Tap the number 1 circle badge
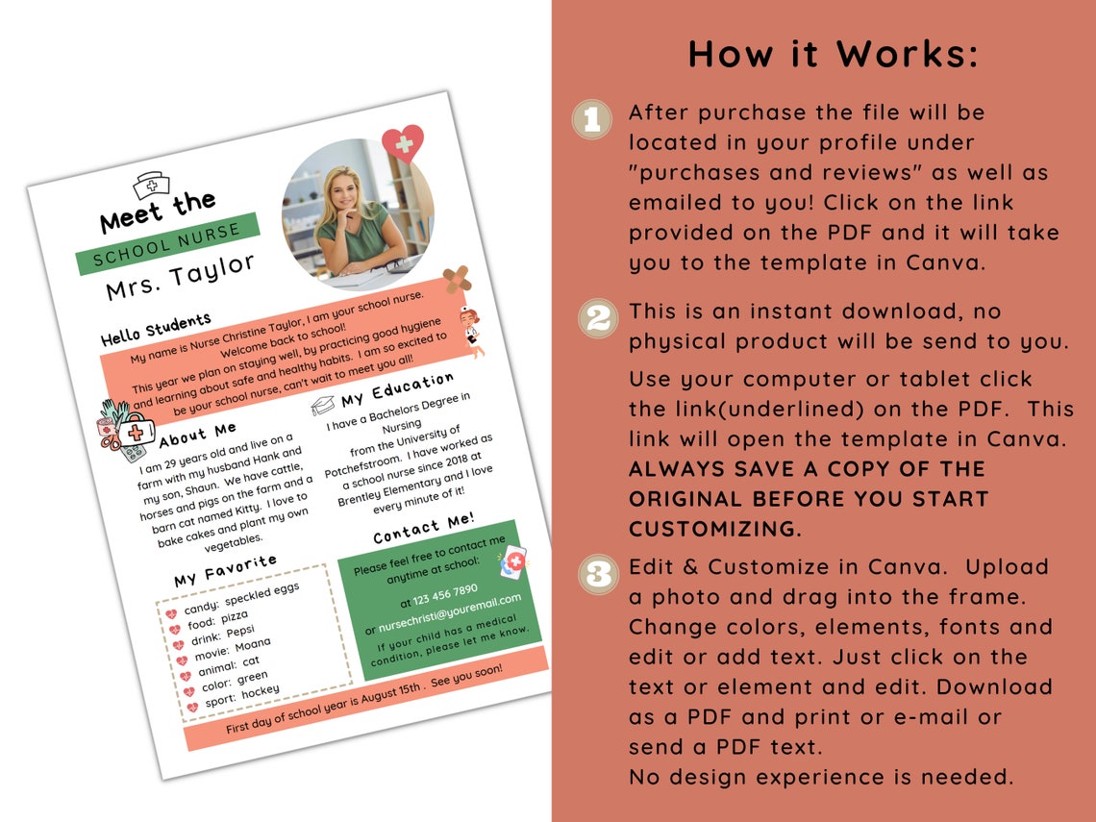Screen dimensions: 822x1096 [x=591, y=119]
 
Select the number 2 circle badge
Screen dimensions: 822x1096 [x=597, y=317]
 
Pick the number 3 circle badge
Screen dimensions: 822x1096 [x=597, y=574]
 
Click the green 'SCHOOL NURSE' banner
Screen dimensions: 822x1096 [x=168, y=244]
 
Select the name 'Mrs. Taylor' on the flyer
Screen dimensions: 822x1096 [x=181, y=277]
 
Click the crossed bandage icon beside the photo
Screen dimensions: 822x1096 [x=457, y=279]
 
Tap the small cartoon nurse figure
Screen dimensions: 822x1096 [x=471, y=328]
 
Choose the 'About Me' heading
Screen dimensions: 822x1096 [x=197, y=434]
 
